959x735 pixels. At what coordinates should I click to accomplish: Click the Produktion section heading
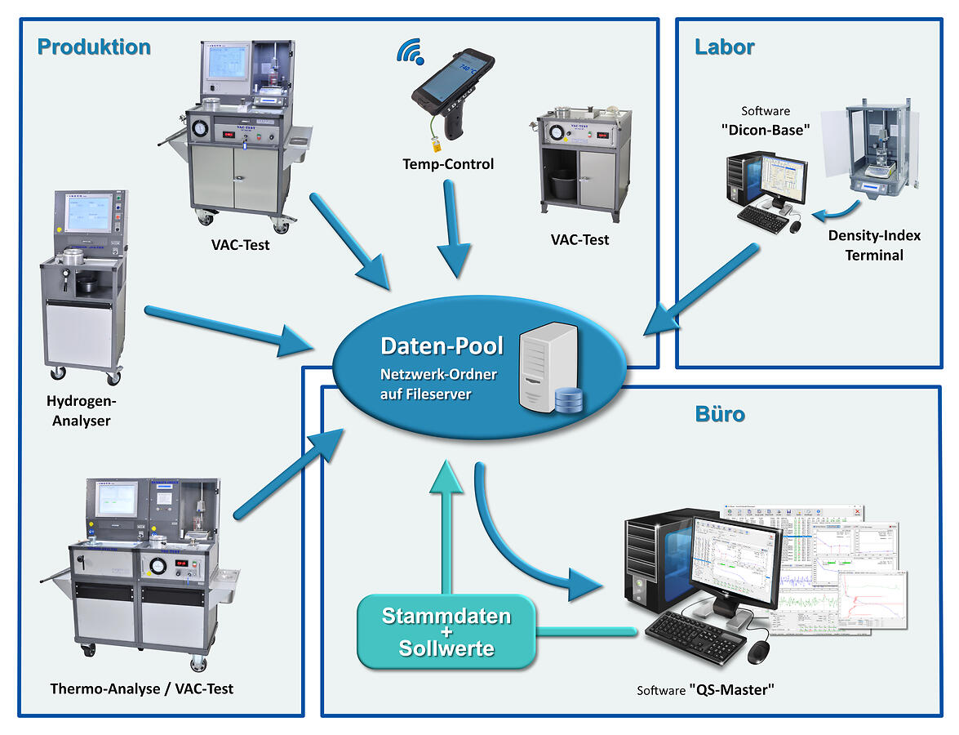[x=94, y=47]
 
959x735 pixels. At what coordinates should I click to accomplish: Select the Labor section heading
[x=724, y=47]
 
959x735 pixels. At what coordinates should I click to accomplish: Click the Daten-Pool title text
[x=442, y=345]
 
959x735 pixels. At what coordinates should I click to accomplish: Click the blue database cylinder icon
[x=568, y=400]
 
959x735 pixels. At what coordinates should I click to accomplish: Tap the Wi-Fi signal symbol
[x=410, y=52]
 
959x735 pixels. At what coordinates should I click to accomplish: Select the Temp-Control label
[x=448, y=164]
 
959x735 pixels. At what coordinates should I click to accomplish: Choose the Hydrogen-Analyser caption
[x=82, y=411]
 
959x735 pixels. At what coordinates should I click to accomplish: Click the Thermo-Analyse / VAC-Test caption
[x=142, y=688]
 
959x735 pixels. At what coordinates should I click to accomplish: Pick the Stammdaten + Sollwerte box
[x=446, y=631]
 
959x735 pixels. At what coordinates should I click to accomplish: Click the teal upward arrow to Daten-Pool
[x=446, y=523]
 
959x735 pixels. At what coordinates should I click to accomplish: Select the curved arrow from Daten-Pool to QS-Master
[x=522, y=547]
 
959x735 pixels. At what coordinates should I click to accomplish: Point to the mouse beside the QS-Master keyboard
[x=760, y=651]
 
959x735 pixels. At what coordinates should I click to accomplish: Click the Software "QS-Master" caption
[x=705, y=691]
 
